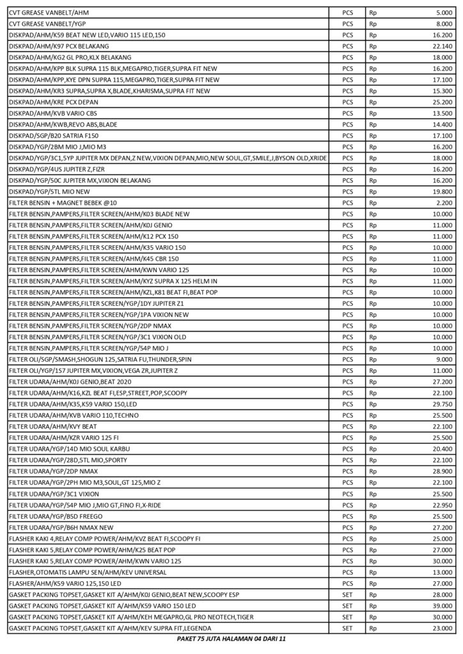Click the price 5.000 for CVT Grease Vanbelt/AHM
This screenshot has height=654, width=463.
pyautogui.click(x=444, y=11)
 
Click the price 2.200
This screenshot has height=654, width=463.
pyautogui.click(x=444, y=203)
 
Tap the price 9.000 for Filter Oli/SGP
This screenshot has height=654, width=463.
pyautogui.click(x=444, y=360)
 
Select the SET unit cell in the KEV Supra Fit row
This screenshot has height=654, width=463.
pyautogui.click(x=347, y=628)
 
